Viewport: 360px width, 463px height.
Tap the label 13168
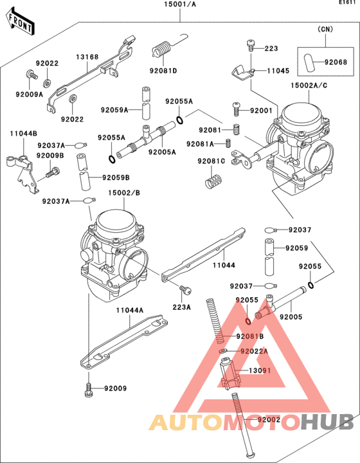point(87,57)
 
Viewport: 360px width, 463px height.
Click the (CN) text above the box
point(326,29)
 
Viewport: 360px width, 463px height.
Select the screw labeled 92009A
point(30,77)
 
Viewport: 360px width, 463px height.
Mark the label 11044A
point(129,310)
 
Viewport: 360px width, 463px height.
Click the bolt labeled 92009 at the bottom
point(88,389)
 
